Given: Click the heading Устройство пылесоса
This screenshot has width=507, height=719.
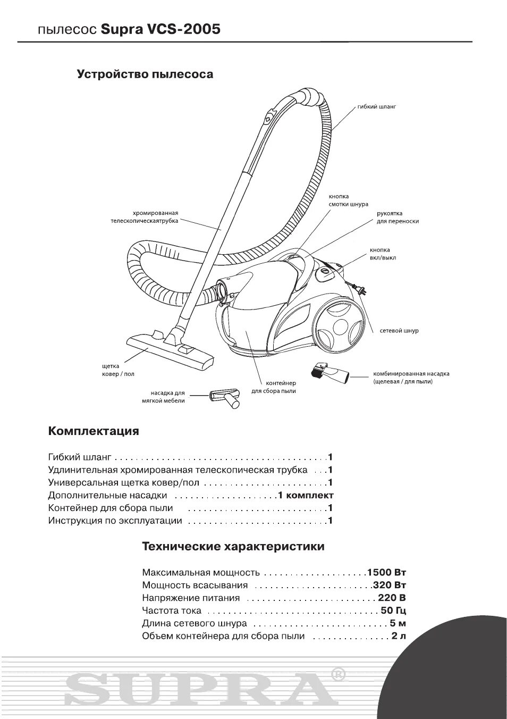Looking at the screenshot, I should (x=145, y=74).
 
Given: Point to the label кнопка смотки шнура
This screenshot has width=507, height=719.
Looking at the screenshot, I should (x=348, y=200).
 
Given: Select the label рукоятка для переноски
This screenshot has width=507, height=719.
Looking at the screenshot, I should (x=398, y=218).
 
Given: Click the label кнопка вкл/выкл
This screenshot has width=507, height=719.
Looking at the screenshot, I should (x=383, y=254).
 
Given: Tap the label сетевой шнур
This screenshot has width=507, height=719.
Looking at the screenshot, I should (x=399, y=331).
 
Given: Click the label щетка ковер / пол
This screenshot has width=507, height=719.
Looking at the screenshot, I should (x=118, y=370).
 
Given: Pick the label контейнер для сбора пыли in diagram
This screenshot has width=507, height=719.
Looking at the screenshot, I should (x=274, y=387).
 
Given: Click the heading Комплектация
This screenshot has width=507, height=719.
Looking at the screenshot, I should (x=94, y=431).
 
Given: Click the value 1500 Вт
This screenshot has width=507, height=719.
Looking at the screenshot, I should (x=386, y=573).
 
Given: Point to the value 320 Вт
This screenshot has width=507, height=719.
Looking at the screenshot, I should (x=390, y=586).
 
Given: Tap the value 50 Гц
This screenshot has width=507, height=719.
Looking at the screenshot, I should (x=394, y=611).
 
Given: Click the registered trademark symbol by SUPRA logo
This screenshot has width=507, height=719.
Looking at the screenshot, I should (x=338, y=674).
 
